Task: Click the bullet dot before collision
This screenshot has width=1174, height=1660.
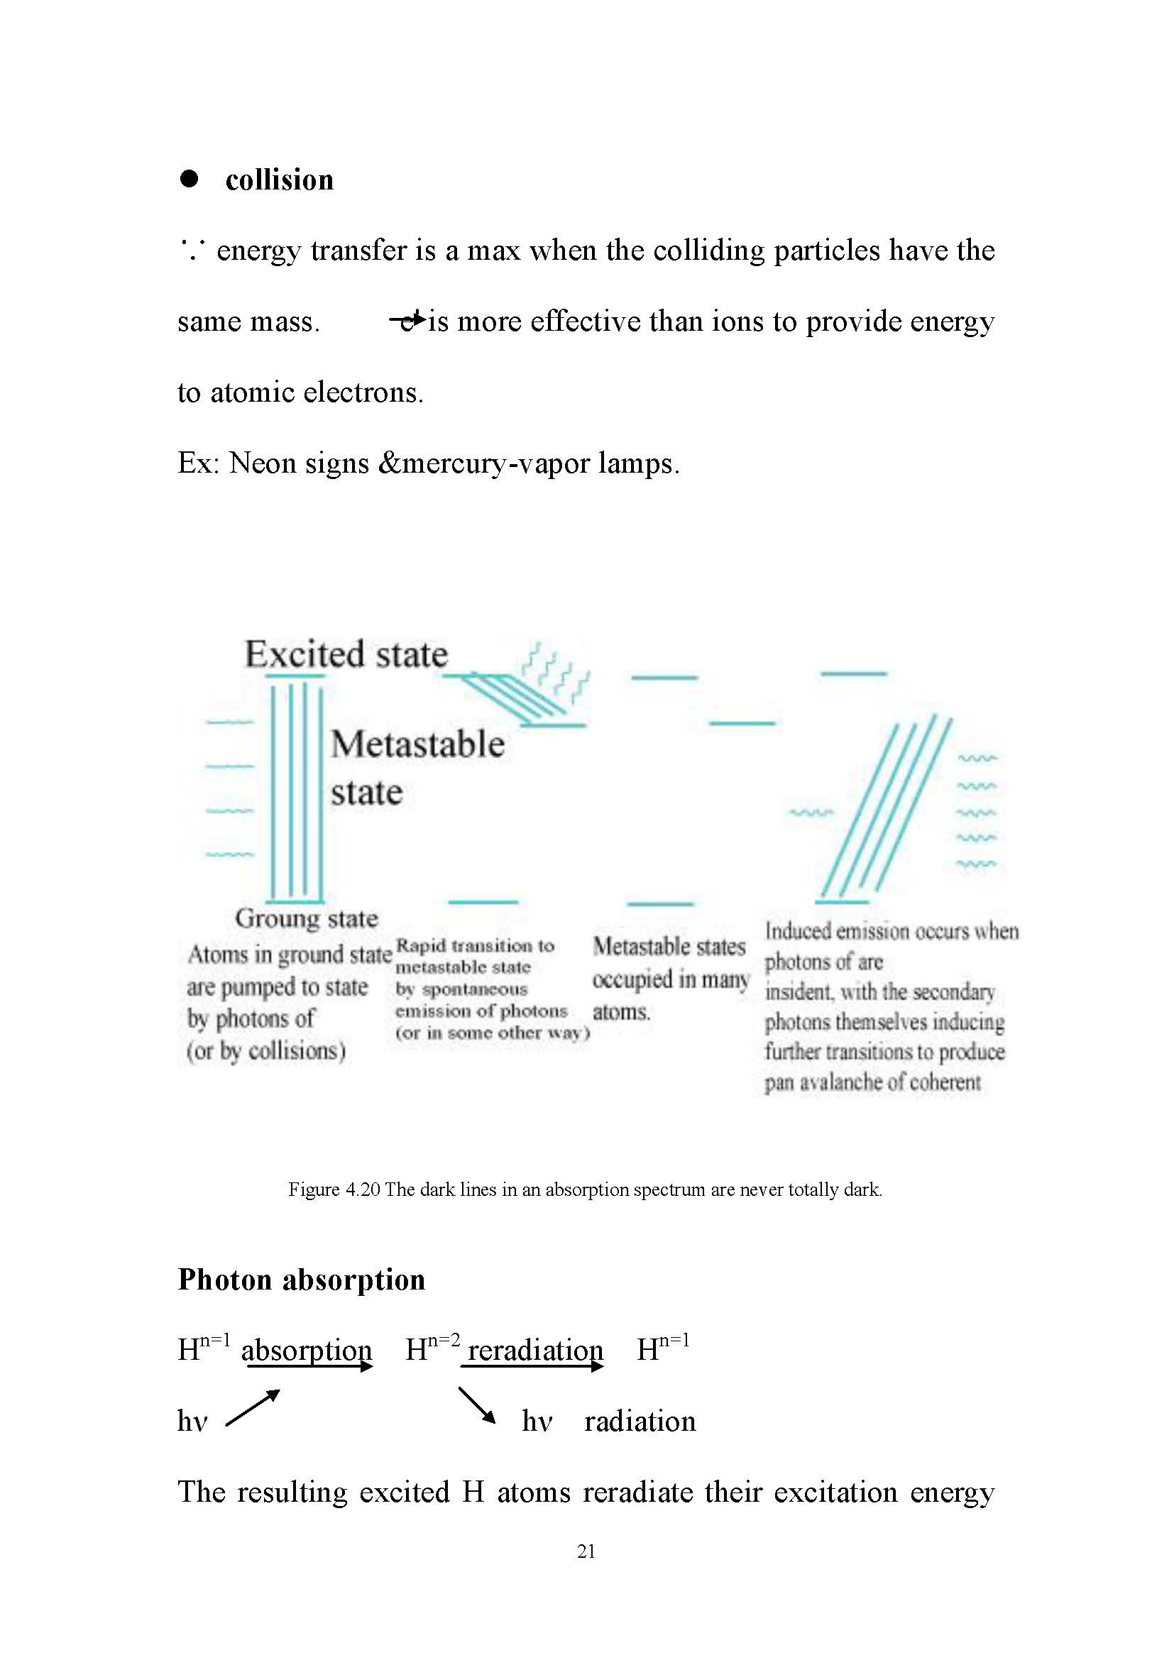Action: [190, 179]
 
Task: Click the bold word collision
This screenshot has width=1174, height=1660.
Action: [279, 180]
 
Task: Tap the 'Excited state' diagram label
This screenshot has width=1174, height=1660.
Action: [346, 654]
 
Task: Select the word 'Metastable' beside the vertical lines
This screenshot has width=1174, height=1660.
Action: [418, 744]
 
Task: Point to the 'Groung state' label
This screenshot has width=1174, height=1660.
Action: [306, 918]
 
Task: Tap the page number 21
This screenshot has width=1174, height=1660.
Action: [586, 1551]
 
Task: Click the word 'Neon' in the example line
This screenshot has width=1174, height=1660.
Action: [261, 463]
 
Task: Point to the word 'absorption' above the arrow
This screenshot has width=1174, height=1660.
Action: [307, 1350]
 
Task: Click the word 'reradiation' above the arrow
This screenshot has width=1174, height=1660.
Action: [535, 1350]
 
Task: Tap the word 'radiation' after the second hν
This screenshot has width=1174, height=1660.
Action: [640, 1422]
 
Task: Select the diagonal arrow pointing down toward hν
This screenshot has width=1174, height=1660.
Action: [476, 1405]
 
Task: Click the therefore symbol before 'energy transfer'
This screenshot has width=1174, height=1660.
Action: [192, 251]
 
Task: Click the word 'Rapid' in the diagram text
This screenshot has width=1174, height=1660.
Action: [419, 945]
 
